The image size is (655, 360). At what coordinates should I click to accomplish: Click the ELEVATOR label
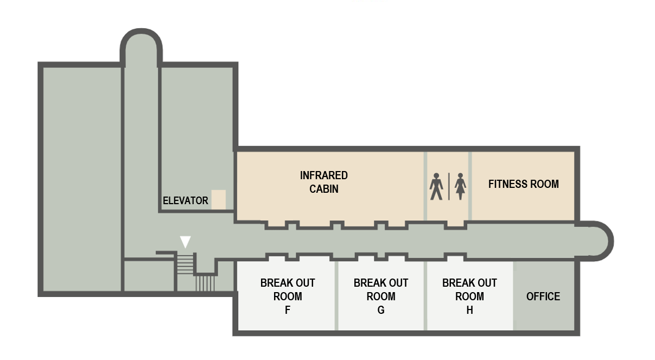tap(185, 200)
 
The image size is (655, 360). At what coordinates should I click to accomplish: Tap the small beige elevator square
tap(218, 199)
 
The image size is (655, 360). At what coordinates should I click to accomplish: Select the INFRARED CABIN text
tap(324, 182)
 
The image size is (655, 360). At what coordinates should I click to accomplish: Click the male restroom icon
tap(436, 186)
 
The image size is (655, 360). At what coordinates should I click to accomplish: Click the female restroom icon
tap(461, 186)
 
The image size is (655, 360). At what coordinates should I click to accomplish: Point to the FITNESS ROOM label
tap(523, 184)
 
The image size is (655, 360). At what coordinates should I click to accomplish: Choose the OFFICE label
tap(543, 296)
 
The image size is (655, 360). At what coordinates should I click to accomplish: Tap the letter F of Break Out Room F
tap(288, 310)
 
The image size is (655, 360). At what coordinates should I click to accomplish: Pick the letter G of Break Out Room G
tap(381, 310)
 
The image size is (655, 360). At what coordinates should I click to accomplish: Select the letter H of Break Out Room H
tap(469, 310)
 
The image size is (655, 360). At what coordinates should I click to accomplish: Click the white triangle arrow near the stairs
tap(186, 242)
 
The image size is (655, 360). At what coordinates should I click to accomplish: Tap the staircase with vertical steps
tap(205, 283)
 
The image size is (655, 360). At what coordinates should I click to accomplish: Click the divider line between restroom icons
tap(449, 186)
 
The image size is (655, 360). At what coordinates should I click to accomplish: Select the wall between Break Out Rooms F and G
tap(336, 296)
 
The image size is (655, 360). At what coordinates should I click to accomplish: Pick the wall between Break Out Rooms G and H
tap(425, 296)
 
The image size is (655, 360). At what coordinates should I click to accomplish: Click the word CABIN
tap(324, 189)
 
